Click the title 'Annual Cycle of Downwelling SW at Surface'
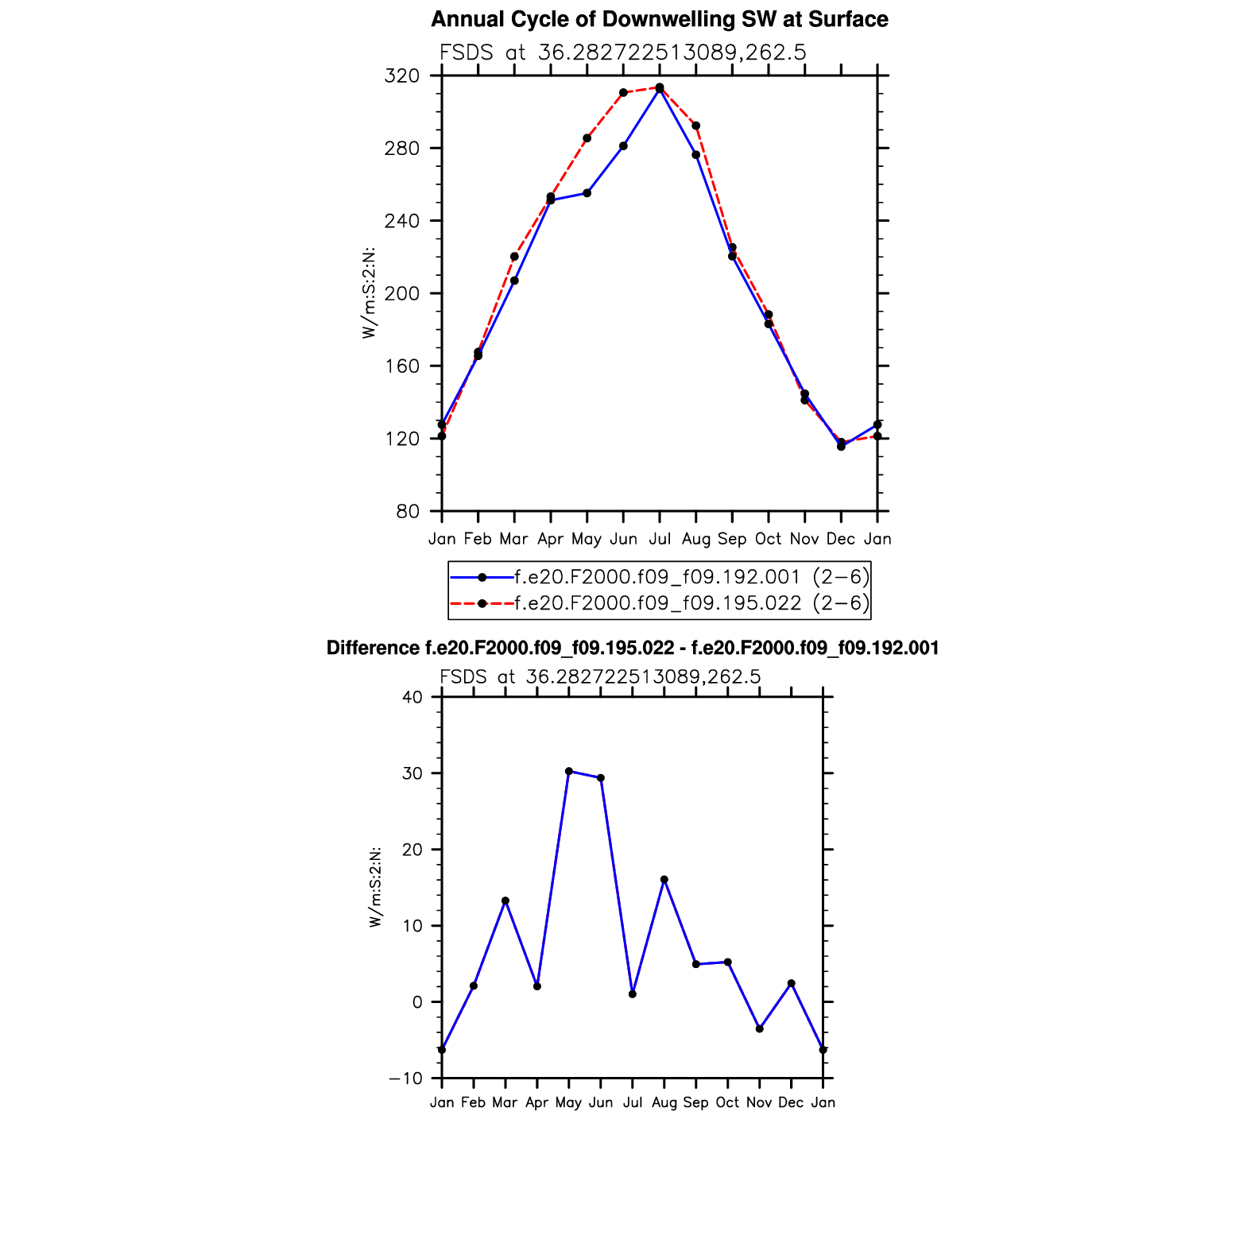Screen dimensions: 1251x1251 [659, 19]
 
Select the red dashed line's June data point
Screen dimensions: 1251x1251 [623, 93]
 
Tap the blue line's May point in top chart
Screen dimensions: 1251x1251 [587, 193]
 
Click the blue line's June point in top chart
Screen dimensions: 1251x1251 [623, 146]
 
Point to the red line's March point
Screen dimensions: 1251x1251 [514, 257]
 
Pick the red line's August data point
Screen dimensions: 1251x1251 [695, 126]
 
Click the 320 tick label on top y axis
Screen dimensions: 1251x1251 [401, 76]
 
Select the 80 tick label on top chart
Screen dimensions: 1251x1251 [406, 512]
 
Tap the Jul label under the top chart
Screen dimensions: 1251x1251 [659, 539]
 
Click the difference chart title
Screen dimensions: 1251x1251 [633, 649]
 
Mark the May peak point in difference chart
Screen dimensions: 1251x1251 [569, 771]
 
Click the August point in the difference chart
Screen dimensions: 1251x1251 [664, 880]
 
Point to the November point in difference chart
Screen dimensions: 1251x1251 [760, 1029]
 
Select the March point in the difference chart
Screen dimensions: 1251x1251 [505, 900]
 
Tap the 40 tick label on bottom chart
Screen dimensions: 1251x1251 [412, 697]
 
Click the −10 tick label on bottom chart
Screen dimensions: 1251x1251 [406, 1079]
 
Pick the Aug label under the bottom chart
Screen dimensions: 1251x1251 [664, 1102]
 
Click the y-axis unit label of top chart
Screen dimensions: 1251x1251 [369, 293]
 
